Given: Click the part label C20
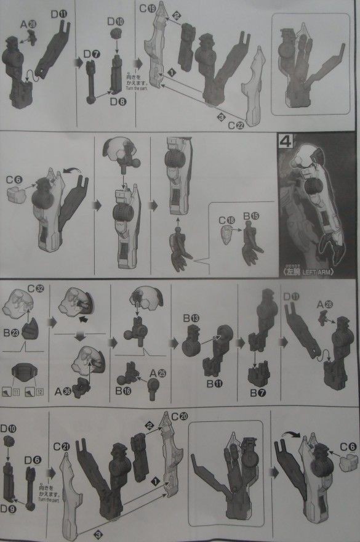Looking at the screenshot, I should pyautogui.click(x=181, y=416).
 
